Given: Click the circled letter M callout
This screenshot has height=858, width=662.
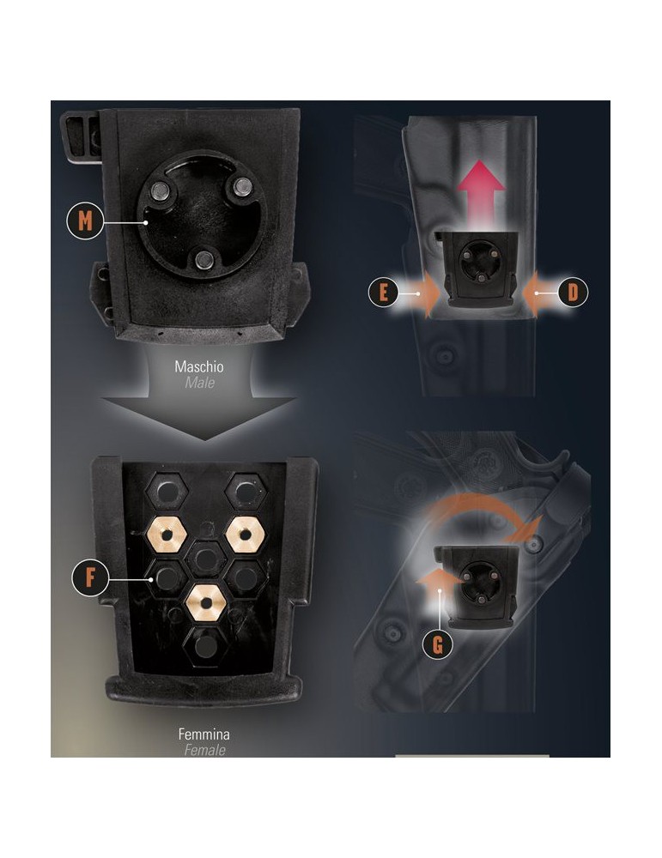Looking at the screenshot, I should click(x=84, y=221).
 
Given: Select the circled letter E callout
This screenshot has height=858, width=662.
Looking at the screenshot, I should click(x=384, y=293).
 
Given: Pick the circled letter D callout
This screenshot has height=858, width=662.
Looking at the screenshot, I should click(x=573, y=293).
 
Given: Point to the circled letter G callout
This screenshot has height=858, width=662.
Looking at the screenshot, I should click(x=438, y=643).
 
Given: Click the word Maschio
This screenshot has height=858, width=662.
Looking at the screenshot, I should click(x=199, y=366).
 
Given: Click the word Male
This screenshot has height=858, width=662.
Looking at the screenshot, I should click(x=200, y=383).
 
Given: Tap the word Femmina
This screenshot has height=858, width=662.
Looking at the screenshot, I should click(x=203, y=734).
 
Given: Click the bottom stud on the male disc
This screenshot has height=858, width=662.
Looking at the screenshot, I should click(x=203, y=258).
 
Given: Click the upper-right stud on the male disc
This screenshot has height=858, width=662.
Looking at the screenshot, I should click(x=243, y=186).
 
